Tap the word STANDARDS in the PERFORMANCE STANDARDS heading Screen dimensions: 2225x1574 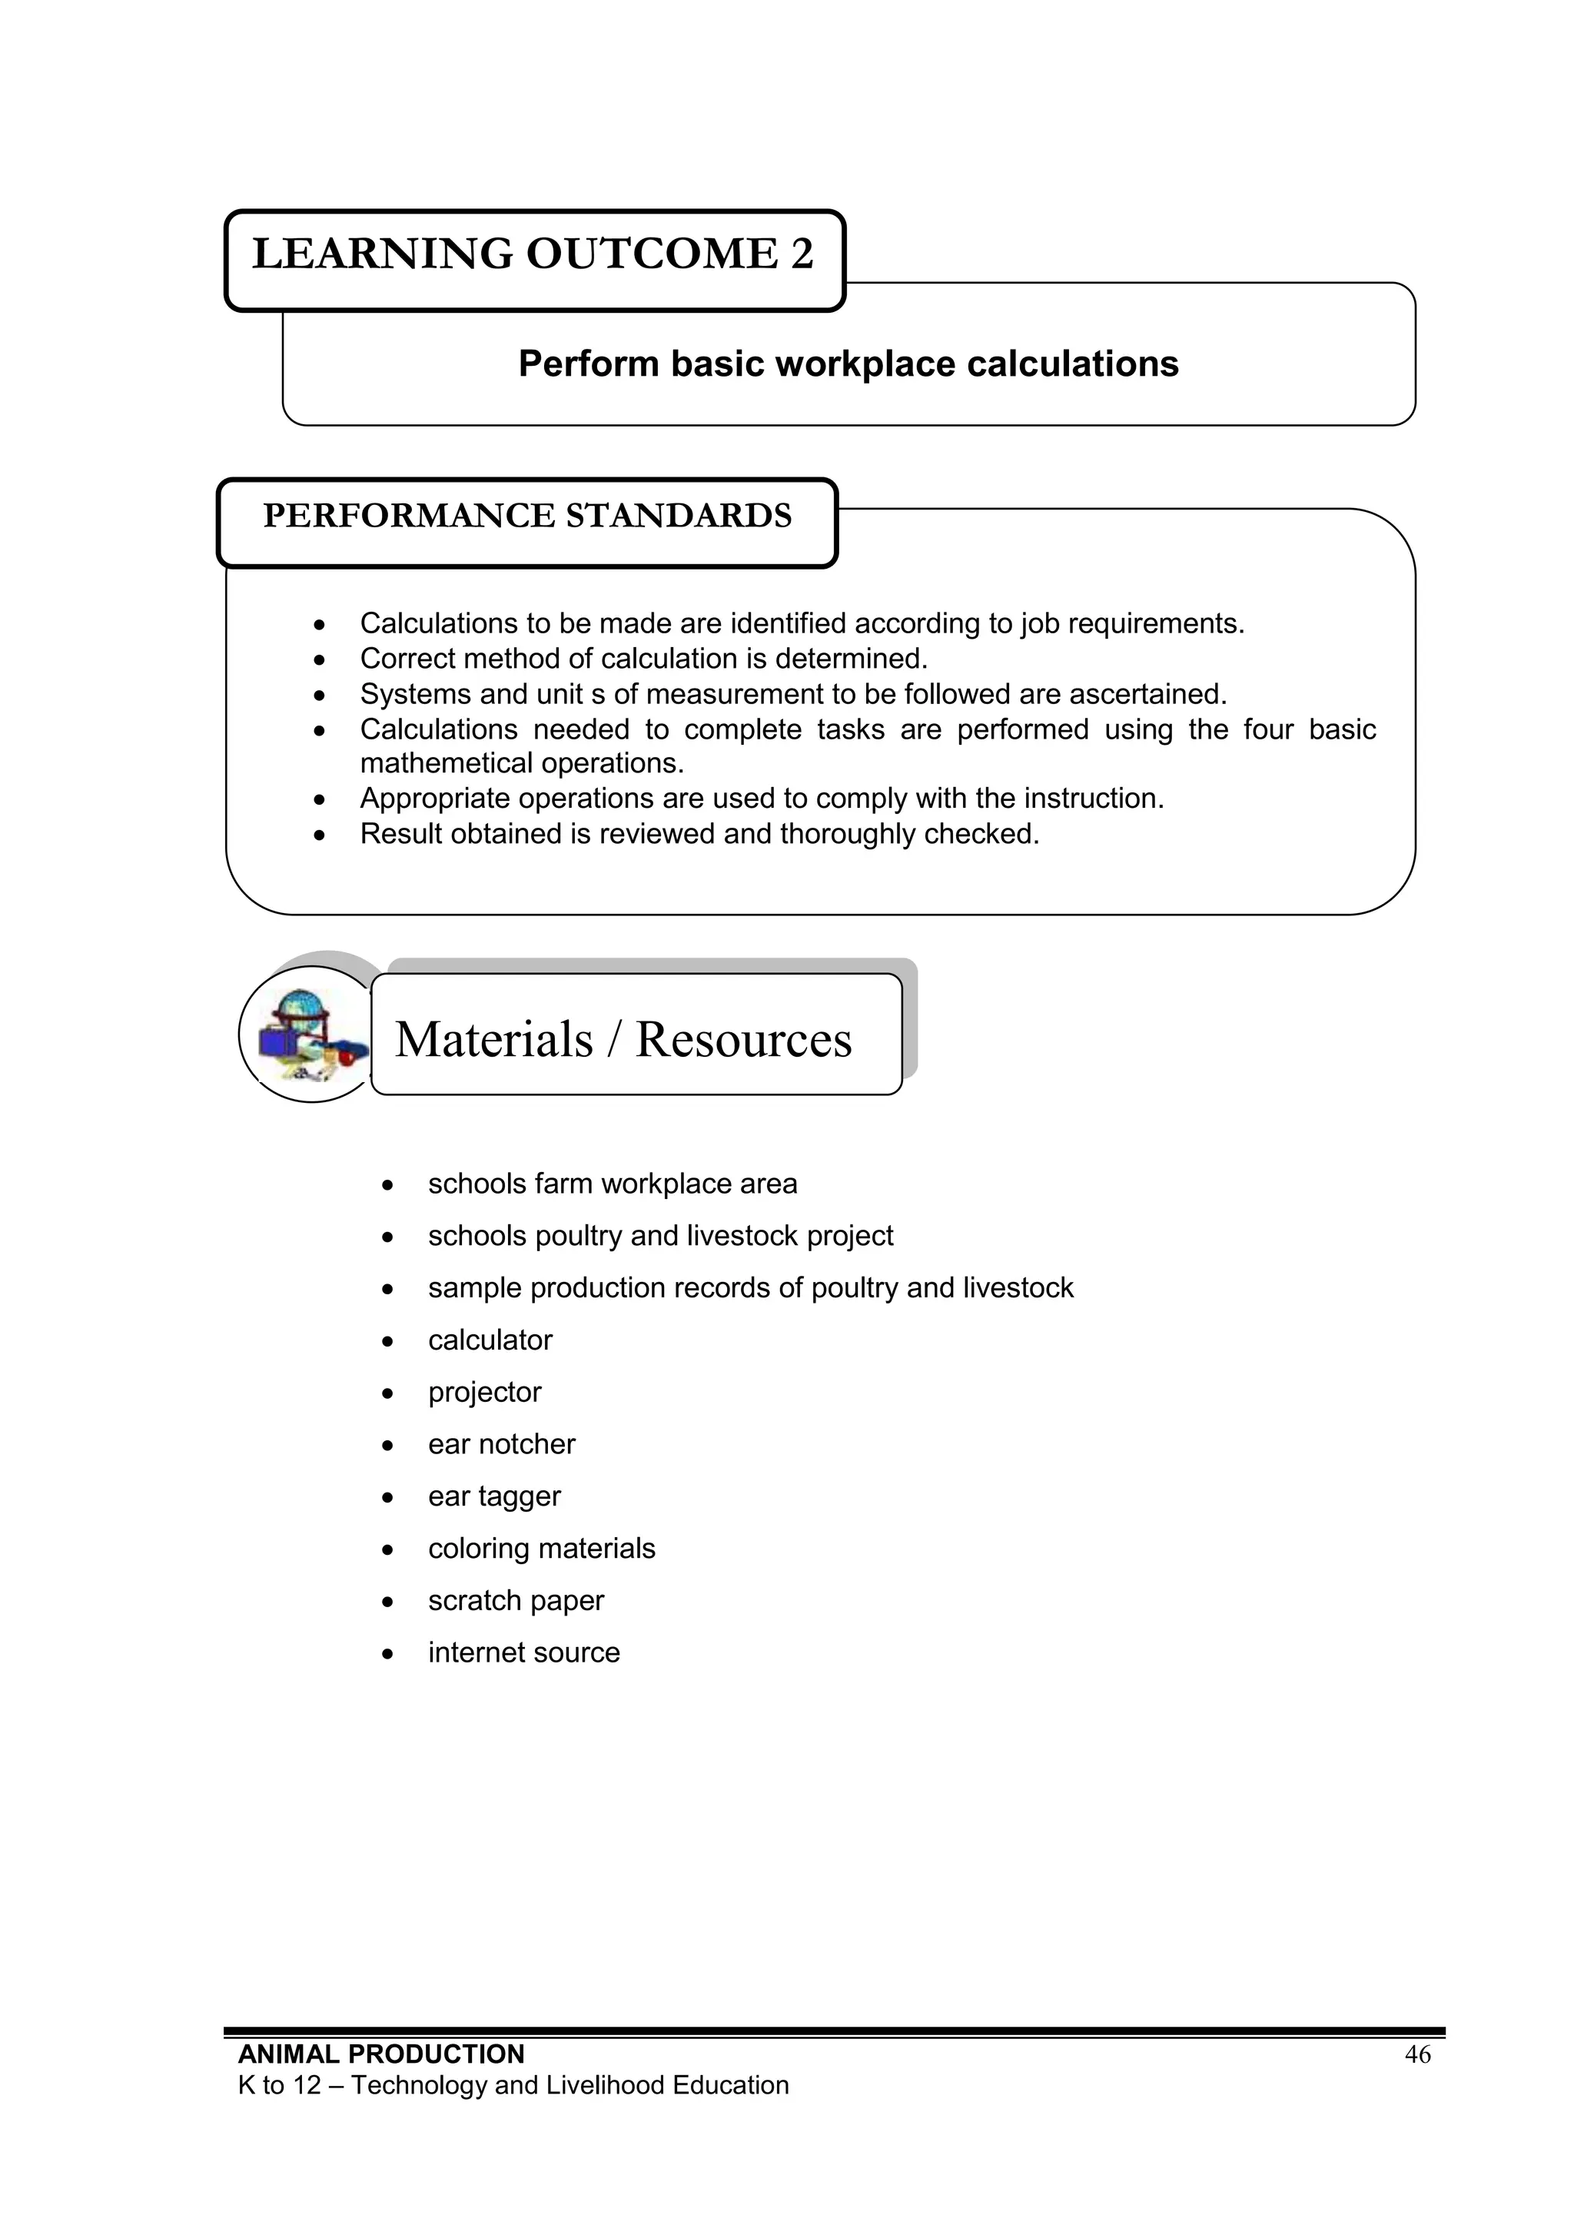[679, 516]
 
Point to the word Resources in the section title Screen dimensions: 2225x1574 [743, 1040]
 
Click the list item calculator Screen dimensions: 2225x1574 [490, 1340]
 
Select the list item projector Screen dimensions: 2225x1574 [485, 1393]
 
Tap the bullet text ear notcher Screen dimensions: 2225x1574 [501, 1445]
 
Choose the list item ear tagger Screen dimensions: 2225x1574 [494, 1497]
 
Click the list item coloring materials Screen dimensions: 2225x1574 [541, 1549]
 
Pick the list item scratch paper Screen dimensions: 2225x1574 [516, 1601]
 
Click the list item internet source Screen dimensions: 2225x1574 [523, 1653]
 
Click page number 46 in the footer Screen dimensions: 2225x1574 [1417, 2054]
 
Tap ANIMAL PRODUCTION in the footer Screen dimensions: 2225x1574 [381, 2054]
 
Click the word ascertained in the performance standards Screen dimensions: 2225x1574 [1147, 695]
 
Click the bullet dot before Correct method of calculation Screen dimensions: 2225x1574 [320, 661]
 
